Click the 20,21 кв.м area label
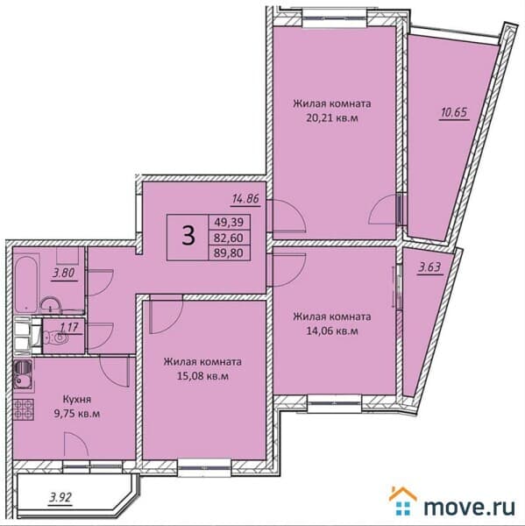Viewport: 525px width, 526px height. click(332, 118)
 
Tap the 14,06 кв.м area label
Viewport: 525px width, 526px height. click(332, 331)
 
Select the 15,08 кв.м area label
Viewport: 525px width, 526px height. click(202, 376)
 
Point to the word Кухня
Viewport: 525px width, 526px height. click(77, 400)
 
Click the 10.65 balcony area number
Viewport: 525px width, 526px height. click(454, 113)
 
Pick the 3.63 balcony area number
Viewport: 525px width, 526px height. click(429, 268)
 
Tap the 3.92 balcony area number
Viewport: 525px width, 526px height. click(60, 497)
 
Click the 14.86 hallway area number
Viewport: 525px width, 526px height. click(246, 199)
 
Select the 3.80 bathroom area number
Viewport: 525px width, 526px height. click(64, 273)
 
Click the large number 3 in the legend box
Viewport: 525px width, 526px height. click(188, 236)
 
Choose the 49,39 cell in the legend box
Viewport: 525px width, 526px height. click(229, 222)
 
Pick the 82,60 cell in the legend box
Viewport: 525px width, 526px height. click(229, 238)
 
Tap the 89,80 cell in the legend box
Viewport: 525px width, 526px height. click(229, 252)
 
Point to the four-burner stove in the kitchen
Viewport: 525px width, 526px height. click(24, 409)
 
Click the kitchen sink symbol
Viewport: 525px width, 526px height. click(23, 375)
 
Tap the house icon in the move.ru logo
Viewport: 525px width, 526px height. click(403, 501)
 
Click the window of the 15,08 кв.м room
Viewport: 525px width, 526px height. click(204, 468)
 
